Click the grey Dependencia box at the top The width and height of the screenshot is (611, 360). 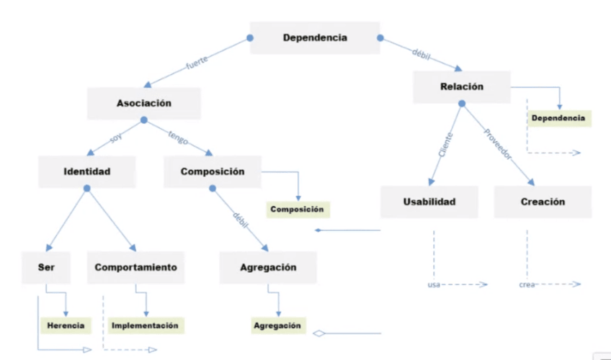314,38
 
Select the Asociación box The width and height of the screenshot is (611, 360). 143,103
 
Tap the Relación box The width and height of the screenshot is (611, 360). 461,86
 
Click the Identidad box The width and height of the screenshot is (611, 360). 87,172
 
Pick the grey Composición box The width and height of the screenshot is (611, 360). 212,172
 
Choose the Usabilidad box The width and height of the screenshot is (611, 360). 429,202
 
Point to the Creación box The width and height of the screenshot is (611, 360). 542,202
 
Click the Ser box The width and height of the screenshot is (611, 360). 46,267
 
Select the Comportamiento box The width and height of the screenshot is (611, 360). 135,267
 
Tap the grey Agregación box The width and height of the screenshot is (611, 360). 267,267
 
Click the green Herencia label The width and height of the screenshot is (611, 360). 66,325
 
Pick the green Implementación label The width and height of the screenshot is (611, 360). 144,325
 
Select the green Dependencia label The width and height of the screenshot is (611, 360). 558,118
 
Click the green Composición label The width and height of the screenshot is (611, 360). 297,210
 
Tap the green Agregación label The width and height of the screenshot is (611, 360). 277,325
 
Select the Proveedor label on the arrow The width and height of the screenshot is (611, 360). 497,144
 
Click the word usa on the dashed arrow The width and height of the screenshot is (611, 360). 434,285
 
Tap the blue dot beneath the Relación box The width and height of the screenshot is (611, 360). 462,104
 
